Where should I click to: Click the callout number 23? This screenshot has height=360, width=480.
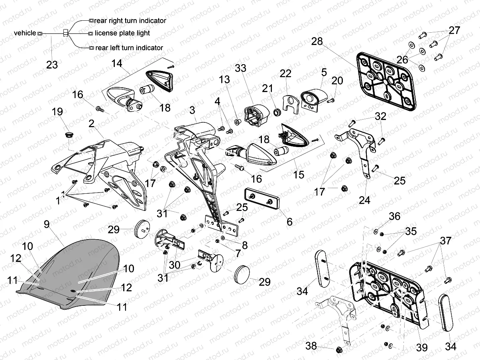pos(52,64)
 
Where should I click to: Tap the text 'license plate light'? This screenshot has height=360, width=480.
pos(122,33)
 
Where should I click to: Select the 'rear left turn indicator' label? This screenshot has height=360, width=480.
pos(128,48)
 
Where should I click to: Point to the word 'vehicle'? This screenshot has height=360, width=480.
pos(25,33)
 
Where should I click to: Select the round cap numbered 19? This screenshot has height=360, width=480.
pos(68,134)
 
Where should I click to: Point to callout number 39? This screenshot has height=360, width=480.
pos(421,348)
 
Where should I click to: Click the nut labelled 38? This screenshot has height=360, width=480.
pos(340,349)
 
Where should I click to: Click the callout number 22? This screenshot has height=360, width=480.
pos(285,74)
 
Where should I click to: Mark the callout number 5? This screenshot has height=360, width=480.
pos(324,72)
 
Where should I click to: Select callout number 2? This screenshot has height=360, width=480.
pos(92,124)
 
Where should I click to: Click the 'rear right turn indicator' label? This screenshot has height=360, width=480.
pos(130,20)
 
